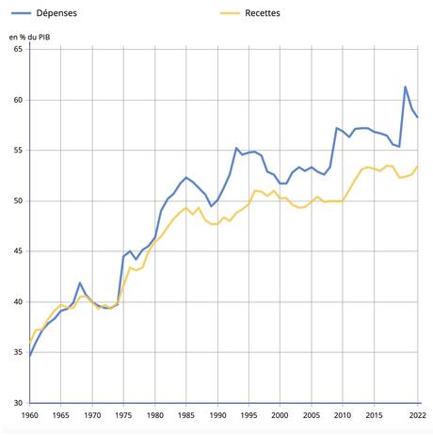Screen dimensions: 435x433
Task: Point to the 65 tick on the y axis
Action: tap(17, 49)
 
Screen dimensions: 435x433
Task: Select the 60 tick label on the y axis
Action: tap(17, 100)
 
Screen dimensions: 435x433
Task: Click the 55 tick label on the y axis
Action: tap(17, 151)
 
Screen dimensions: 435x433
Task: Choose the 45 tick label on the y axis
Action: tap(17, 251)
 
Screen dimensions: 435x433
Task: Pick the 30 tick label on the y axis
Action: tap(17, 403)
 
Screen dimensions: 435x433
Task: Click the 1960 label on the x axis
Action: tap(30, 415)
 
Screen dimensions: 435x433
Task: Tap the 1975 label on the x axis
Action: tap(124, 415)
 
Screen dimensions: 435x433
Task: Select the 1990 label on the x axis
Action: tap(217, 415)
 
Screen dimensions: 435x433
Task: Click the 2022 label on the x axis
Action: tap(416, 415)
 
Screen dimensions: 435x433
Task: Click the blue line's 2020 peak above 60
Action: tap(405, 87)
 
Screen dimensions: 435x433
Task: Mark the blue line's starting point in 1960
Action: tap(30, 356)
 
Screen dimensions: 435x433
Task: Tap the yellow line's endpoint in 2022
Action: tap(418, 167)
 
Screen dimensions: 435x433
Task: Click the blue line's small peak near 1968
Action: tap(80, 282)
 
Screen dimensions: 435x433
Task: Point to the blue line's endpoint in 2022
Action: tap(418, 117)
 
